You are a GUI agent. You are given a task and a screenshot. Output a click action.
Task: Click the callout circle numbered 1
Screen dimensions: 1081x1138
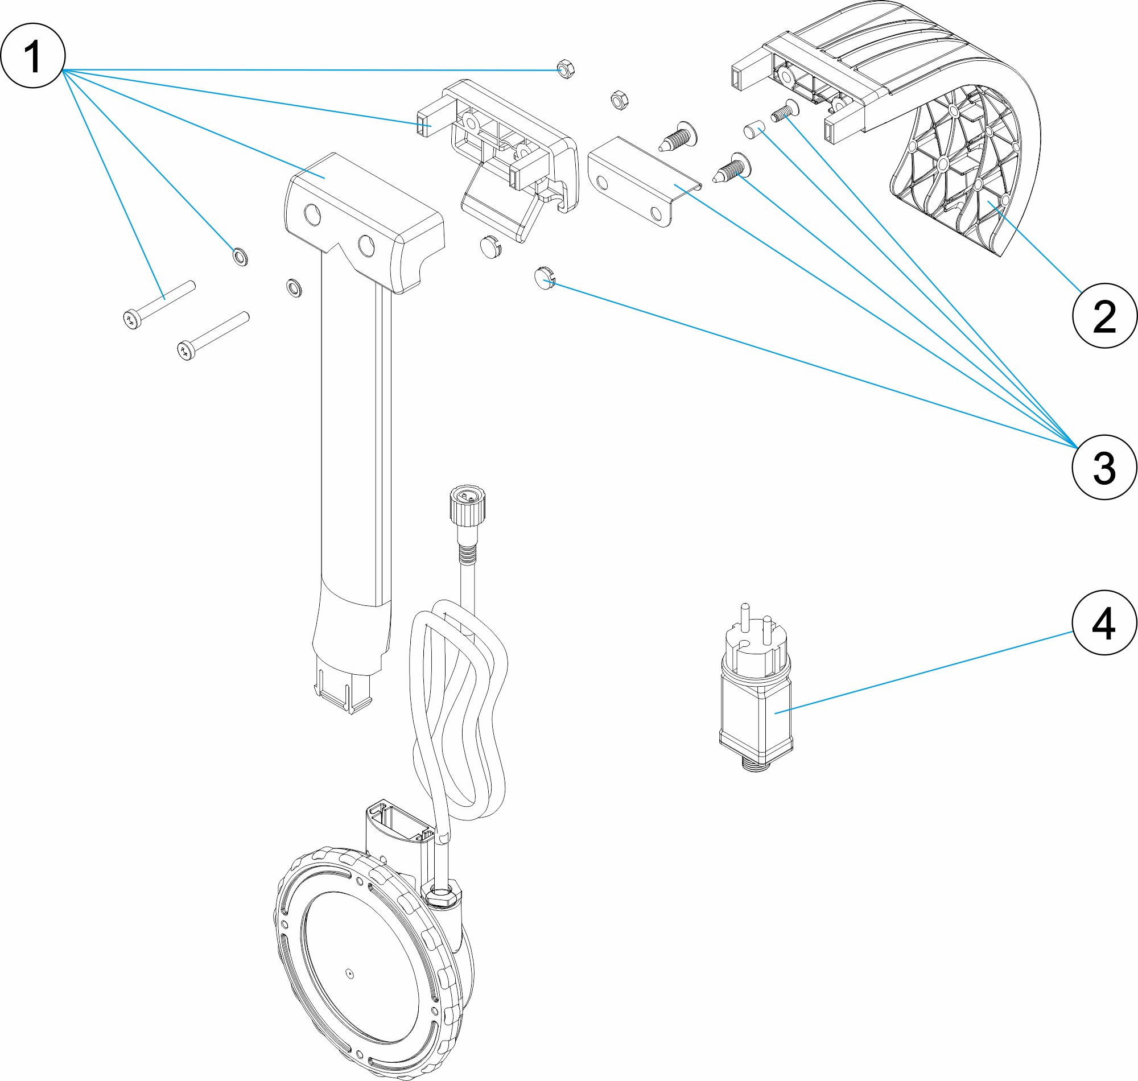click(x=33, y=55)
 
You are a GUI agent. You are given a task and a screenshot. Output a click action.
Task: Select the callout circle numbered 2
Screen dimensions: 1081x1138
click(x=1104, y=315)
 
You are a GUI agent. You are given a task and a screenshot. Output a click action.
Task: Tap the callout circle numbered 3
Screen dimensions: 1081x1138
click(x=1104, y=467)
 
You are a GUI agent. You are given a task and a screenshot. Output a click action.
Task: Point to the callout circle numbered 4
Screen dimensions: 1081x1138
click(x=1104, y=622)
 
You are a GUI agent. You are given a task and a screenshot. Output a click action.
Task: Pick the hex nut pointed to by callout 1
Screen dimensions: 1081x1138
click(x=564, y=69)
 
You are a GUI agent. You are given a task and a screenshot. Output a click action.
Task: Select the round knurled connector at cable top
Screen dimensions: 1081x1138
click(x=466, y=503)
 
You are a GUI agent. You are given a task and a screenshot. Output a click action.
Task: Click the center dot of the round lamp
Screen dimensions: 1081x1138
click(x=350, y=973)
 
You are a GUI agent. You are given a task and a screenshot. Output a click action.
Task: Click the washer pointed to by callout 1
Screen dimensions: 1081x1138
click(x=240, y=255)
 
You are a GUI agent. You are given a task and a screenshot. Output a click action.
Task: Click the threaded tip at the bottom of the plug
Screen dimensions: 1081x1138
click(x=756, y=764)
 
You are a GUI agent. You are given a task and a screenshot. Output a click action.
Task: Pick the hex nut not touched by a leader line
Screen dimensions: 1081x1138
click(x=619, y=100)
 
